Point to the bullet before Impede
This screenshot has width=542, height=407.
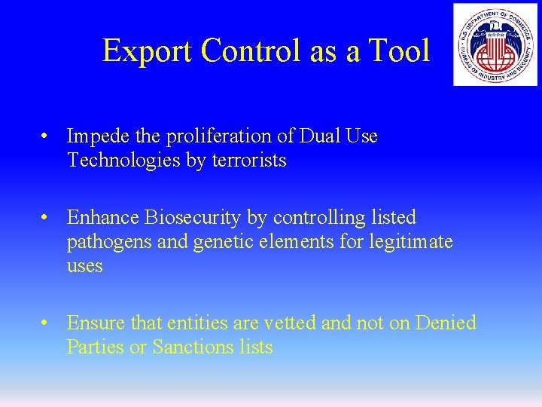(x=47, y=137)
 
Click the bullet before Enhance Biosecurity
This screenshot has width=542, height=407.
(x=47, y=219)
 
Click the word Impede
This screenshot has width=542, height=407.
(x=98, y=136)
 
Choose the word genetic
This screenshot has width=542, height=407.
(x=216, y=243)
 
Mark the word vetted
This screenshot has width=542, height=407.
(x=290, y=323)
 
